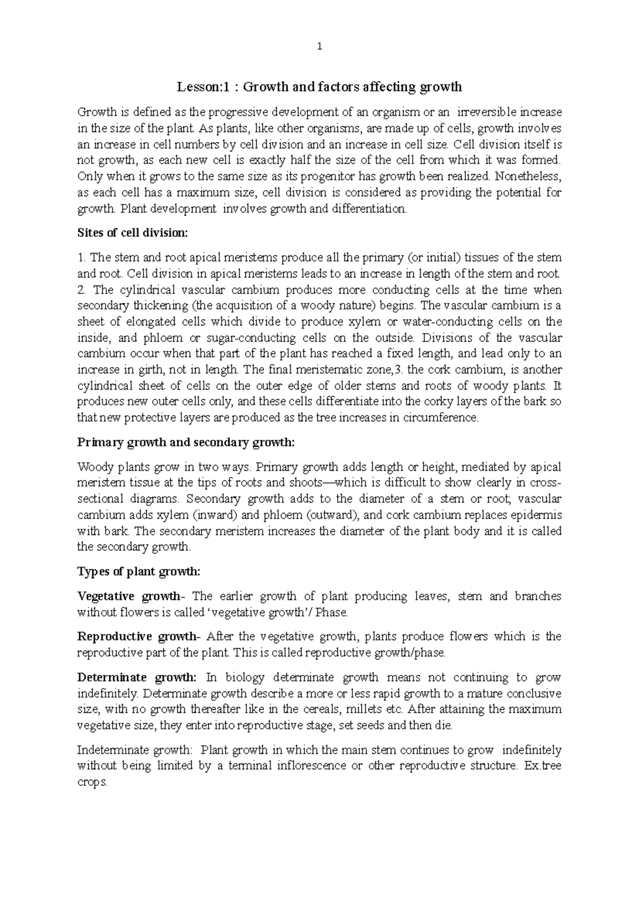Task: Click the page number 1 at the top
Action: [x=319, y=46]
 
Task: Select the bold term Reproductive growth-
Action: [x=139, y=637]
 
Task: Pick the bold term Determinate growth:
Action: [x=137, y=678]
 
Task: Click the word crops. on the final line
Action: [x=92, y=783]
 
